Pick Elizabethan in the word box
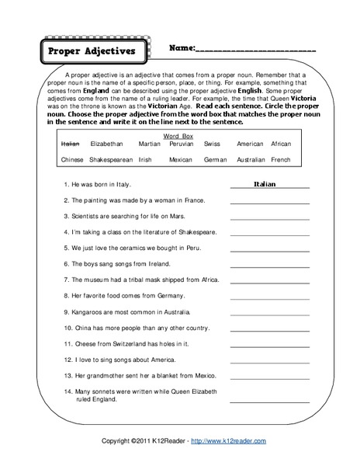pos(106,144)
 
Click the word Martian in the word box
pos(149,144)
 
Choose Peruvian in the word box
pos(181,144)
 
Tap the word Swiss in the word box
pos(212,144)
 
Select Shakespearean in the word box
pos(111,159)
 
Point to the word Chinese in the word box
pos(71,159)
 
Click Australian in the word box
pos(251,159)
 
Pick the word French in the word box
pos(281,159)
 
